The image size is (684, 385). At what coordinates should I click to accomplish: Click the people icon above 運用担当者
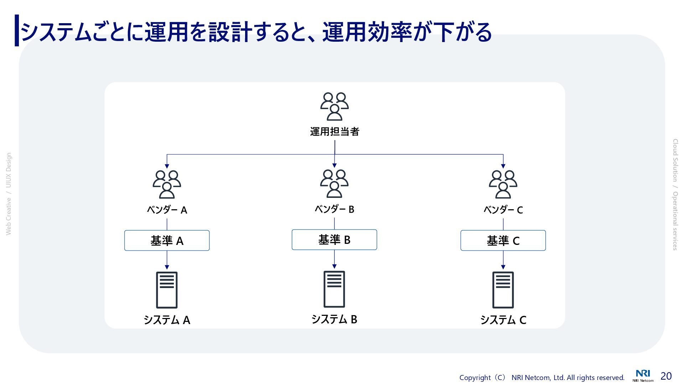(x=334, y=107)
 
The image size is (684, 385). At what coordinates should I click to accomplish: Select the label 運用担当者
(x=335, y=132)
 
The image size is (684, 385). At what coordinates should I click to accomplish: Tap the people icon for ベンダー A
(x=167, y=184)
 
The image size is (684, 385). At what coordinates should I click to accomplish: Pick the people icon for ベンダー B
(x=334, y=184)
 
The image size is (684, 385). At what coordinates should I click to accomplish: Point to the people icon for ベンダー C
(x=503, y=184)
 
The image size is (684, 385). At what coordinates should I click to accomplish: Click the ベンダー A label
(x=167, y=210)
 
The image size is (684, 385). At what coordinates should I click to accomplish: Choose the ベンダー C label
(x=503, y=210)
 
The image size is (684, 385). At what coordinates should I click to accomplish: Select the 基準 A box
(x=167, y=241)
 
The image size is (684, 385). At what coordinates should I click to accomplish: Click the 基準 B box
(x=334, y=240)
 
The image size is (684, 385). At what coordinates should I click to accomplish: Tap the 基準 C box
(x=503, y=241)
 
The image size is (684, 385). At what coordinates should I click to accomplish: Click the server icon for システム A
(x=167, y=290)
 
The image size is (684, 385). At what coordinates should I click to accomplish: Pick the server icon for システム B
(x=334, y=289)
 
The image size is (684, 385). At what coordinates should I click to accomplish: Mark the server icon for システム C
(x=503, y=290)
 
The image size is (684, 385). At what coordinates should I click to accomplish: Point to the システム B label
(x=334, y=319)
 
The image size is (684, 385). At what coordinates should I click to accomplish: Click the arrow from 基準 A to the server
(x=167, y=260)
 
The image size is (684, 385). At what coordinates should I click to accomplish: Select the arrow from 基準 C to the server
(x=503, y=260)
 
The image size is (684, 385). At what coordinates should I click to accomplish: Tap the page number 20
(x=666, y=376)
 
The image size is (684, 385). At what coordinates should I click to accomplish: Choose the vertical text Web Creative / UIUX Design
(x=9, y=194)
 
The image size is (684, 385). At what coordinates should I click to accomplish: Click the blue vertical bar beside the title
(x=17, y=30)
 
